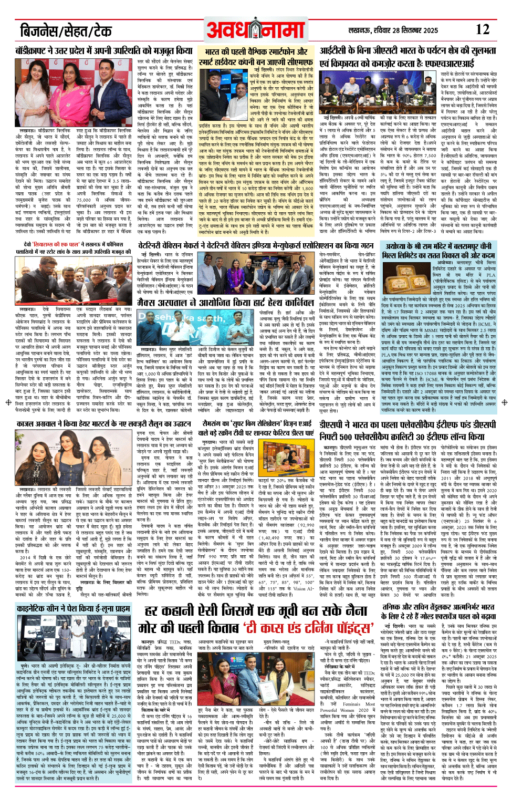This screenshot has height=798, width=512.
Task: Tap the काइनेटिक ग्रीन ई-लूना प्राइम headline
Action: [74, 608]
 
